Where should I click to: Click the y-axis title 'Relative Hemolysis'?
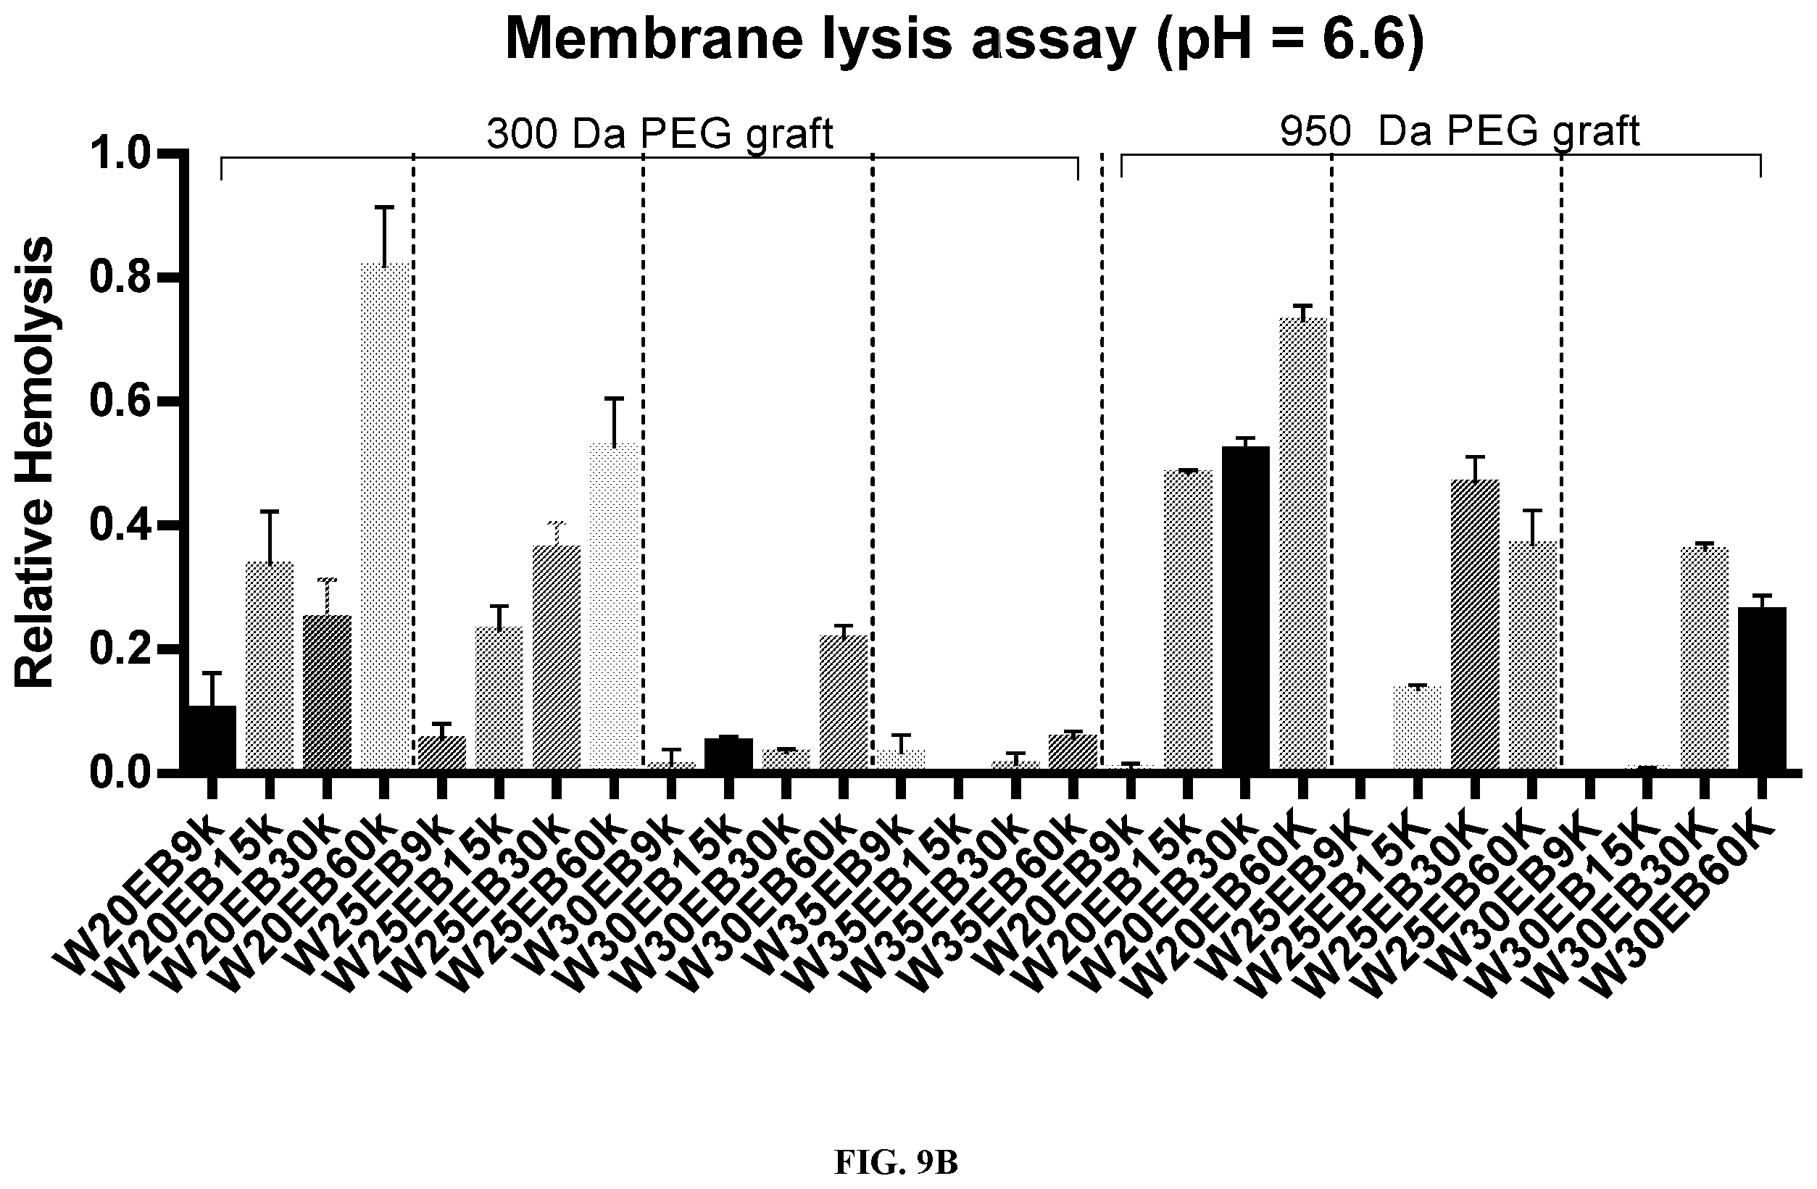[x=34, y=462]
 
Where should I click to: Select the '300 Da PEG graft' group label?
[x=660, y=134]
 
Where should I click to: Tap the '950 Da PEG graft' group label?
[x=1460, y=131]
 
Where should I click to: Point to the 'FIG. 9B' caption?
[x=896, y=1163]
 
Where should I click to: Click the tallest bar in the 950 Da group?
[x=1302, y=545]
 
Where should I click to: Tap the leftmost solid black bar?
[x=212, y=739]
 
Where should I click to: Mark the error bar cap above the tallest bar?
[x=385, y=206]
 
